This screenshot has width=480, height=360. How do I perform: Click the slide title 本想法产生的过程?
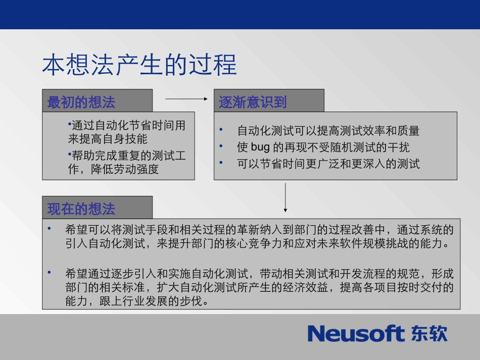(x=139, y=66)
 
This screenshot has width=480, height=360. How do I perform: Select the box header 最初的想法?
(x=81, y=102)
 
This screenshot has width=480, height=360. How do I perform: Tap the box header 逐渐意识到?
(x=253, y=102)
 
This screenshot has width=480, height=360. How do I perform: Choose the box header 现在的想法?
(x=81, y=209)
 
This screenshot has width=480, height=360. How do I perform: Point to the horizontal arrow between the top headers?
(x=186, y=99)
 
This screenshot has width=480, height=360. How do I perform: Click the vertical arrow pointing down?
(x=285, y=197)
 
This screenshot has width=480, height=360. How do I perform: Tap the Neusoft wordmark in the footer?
(x=356, y=334)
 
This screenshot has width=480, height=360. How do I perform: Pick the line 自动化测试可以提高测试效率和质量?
(x=328, y=131)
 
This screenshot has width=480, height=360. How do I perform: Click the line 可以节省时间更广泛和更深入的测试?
(x=328, y=164)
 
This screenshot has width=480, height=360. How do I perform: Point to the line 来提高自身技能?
(x=108, y=139)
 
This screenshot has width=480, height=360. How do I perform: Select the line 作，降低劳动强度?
(x=114, y=169)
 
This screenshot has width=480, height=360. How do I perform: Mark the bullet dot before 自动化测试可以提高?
(x=221, y=130)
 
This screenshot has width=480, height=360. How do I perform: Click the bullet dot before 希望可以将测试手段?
(x=50, y=229)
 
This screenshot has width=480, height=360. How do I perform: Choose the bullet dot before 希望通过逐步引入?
(x=50, y=273)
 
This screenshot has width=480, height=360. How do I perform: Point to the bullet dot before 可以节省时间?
(x=221, y=162)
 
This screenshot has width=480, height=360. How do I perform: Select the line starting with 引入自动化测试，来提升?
(x=257, y=244)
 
